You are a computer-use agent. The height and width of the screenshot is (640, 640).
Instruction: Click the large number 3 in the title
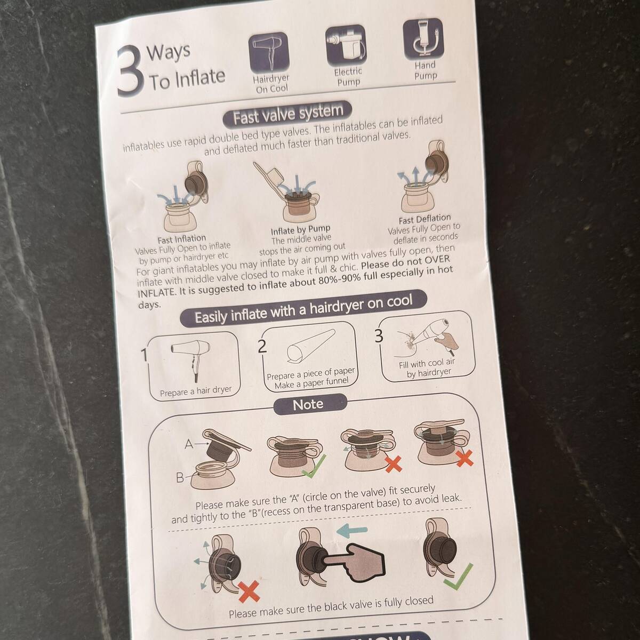[131, 70]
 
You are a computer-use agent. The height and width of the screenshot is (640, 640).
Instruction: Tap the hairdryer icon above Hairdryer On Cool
[269, 52]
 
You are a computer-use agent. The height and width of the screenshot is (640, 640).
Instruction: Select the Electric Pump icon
[346, 45]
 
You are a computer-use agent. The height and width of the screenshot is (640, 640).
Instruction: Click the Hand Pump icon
[423, 39]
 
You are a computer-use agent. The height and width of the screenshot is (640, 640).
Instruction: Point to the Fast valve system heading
[287, 115]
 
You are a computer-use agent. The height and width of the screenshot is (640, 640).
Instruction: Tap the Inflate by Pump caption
[301, 229]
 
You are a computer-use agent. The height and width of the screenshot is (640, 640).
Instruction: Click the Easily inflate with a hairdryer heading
[303, 309]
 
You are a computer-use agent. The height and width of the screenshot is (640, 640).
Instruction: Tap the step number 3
[379, 336]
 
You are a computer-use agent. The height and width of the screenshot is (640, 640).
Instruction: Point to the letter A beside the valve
[189, 444]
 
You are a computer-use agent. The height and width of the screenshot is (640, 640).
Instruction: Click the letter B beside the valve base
[180, 477]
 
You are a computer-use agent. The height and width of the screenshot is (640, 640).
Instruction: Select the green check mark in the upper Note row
[314, 467]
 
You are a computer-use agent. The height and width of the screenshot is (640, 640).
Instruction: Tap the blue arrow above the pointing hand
[352, 530]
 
